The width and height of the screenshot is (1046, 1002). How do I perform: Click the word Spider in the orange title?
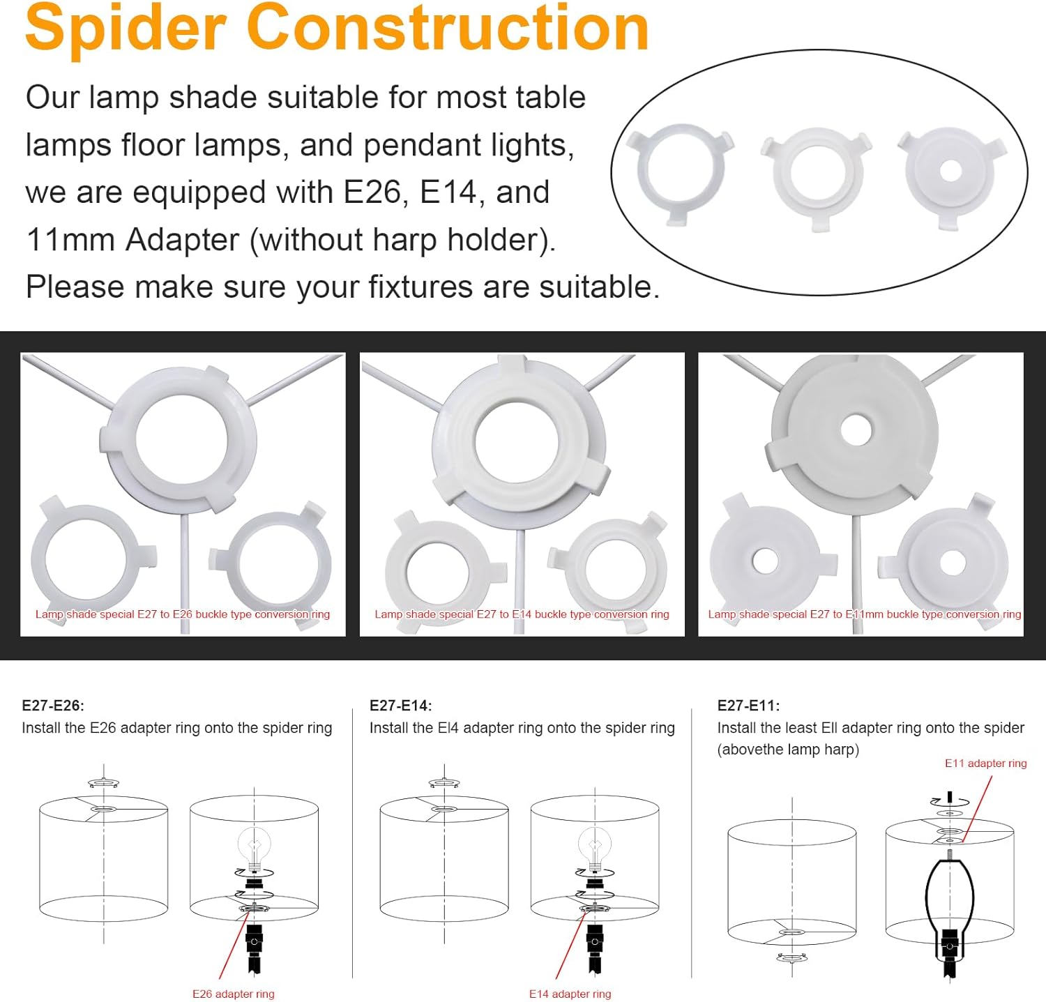(126, 29)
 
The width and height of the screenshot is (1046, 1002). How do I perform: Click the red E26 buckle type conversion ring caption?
(183, 614)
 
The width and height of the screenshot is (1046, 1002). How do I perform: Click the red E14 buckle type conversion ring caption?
(522, 614)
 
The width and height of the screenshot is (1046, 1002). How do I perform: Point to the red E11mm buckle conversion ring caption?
(865, 614)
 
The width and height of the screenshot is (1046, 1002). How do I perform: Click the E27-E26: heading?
(53, 706)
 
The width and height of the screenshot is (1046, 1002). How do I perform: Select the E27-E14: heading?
(401, 706)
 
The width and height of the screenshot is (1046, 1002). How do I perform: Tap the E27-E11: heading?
(749, 706)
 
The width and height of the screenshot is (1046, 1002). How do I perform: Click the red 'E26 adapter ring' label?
(234, 994)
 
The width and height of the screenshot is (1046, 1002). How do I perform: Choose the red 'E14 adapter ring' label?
(570, 994)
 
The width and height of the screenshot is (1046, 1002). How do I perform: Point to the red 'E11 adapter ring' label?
(986, 764)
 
